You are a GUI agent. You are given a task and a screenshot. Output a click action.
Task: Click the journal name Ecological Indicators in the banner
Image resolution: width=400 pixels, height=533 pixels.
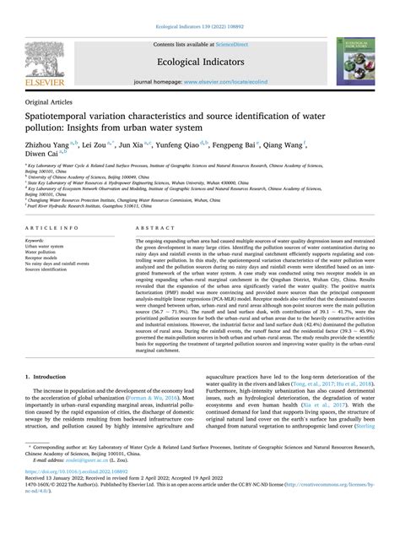199,61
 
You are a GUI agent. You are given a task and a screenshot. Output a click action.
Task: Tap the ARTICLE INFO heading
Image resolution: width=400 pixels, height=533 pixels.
53,229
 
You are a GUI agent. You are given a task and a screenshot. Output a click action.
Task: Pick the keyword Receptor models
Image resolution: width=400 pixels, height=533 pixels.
46,256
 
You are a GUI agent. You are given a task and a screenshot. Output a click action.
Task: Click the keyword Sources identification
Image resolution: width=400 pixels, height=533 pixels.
53,269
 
